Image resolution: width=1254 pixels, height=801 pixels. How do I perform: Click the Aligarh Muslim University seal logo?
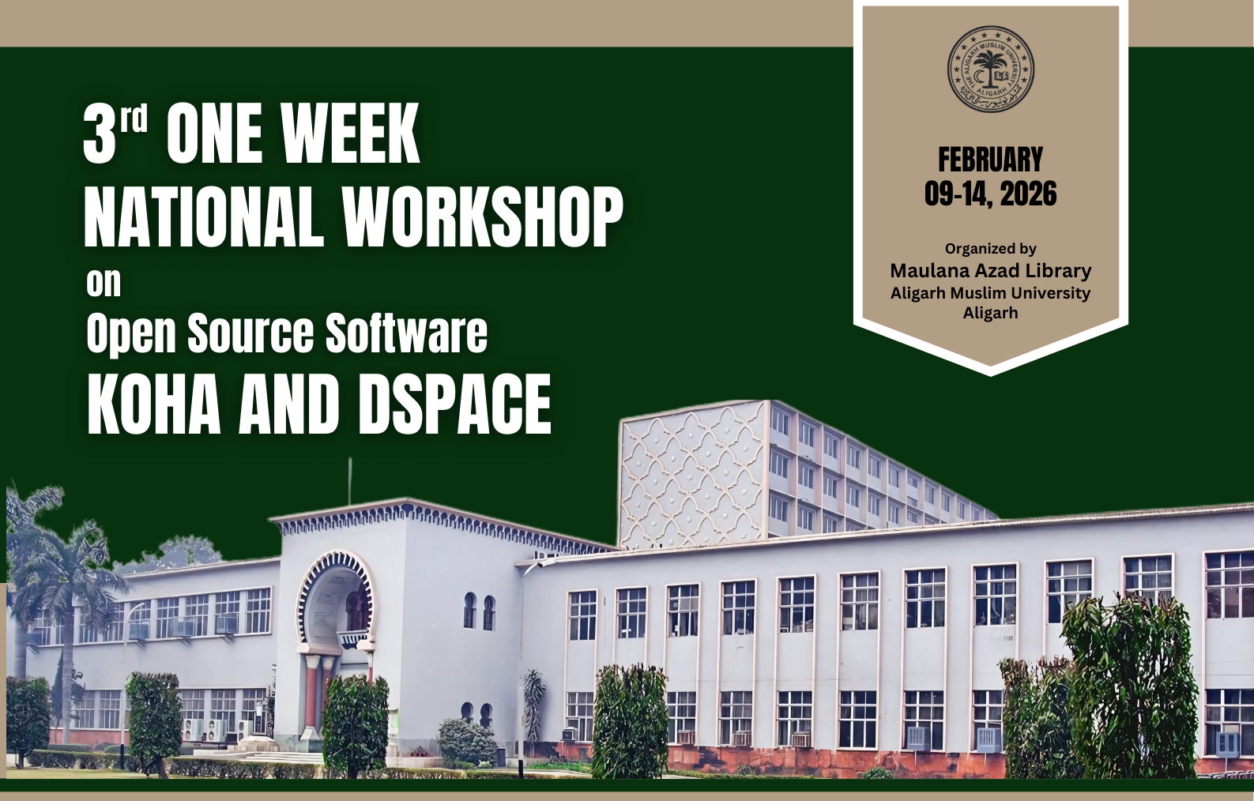990,69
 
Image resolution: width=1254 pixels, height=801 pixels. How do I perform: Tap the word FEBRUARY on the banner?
990,160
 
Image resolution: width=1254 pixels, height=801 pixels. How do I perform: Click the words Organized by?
990,249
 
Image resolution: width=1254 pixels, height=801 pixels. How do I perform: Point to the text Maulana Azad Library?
990,271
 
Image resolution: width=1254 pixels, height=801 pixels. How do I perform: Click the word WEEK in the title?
350,133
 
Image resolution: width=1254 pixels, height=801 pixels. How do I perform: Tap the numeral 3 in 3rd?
99,134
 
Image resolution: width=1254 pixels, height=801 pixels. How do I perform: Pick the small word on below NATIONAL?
104,284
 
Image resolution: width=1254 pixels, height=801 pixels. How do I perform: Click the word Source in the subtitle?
250,333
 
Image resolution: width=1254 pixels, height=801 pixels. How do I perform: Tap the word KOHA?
154,404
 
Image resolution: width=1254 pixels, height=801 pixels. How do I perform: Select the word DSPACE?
454,404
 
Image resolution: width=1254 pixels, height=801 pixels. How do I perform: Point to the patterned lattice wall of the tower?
693,475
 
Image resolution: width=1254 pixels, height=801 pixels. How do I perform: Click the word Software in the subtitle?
406,333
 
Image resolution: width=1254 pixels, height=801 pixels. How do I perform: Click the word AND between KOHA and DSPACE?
289,404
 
